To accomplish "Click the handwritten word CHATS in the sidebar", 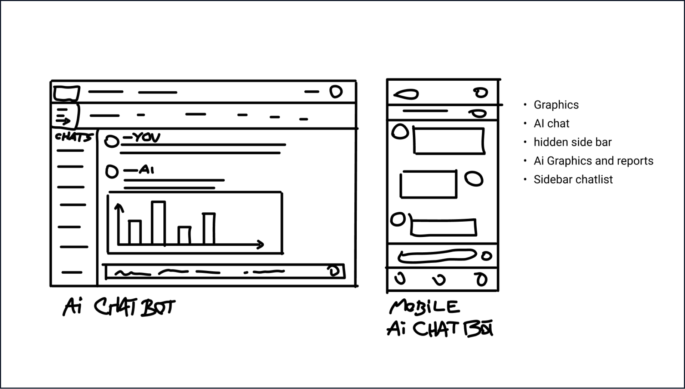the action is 74,137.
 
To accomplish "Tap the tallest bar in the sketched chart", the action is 158,223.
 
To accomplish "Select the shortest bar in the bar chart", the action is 184,235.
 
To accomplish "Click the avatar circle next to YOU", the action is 112,141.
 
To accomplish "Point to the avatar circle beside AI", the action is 112,172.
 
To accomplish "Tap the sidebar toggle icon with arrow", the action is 64,116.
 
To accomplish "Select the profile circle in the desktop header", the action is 336,92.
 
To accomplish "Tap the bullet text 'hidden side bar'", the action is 572,142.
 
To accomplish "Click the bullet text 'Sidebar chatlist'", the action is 573,179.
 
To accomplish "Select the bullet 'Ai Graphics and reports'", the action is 593,161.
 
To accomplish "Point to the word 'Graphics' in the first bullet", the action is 556,105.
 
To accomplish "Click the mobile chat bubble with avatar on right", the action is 428,184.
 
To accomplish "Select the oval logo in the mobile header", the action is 406,95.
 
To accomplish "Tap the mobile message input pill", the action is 437,256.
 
